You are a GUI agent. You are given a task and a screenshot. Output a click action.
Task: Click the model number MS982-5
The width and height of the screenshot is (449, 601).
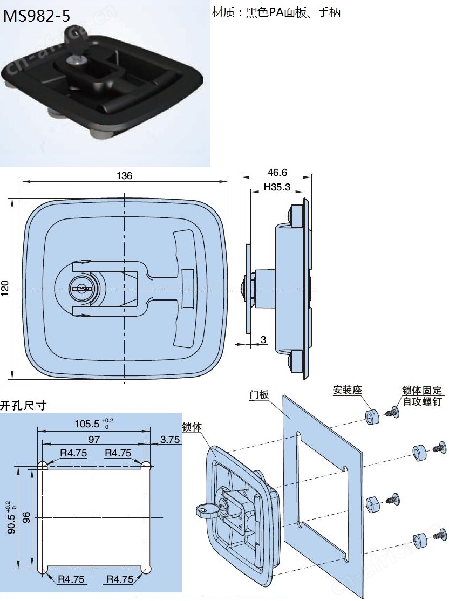[37, 16]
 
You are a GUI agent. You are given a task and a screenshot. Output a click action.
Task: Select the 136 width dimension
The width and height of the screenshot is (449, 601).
[124, 175]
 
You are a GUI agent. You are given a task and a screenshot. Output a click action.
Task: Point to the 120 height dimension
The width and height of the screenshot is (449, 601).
[5, 288]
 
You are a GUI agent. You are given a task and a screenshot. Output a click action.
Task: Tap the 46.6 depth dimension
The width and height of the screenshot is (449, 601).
[277, 173]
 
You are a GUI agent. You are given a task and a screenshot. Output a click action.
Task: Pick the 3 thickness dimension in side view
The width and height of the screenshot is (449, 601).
[263, 339]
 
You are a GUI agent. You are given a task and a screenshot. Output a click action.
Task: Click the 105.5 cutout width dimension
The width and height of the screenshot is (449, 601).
[94, 424]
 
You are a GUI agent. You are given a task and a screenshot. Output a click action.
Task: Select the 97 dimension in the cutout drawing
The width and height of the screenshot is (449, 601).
[94, 439]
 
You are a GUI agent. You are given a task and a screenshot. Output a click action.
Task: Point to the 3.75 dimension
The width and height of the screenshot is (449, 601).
[169, 439]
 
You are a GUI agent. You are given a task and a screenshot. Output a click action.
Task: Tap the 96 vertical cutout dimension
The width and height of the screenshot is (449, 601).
[27, 518]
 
